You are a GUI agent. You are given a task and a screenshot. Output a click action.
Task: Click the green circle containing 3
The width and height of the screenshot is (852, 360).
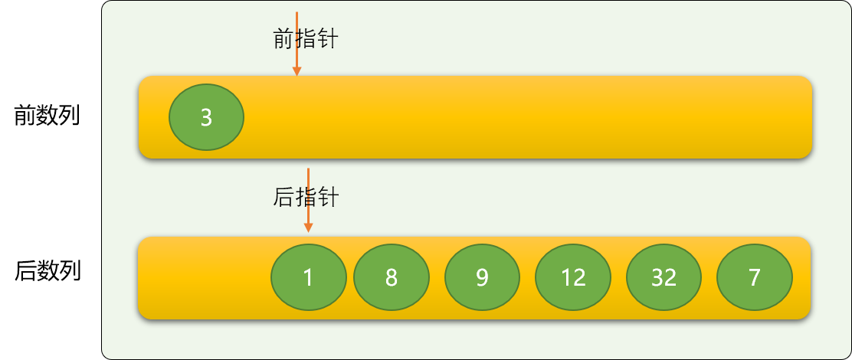click(206, 116)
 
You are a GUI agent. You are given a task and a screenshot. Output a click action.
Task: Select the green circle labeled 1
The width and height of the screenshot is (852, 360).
click(309, 277)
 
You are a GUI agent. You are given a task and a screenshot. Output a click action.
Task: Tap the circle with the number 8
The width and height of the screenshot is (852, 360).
click(392, 277)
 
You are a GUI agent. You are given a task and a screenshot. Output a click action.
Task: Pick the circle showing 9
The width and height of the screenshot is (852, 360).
click(483, 277)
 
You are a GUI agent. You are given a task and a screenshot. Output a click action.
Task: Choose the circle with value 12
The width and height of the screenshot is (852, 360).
click(573, 277)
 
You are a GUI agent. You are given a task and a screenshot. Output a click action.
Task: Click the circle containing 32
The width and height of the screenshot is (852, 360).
click(664, 277)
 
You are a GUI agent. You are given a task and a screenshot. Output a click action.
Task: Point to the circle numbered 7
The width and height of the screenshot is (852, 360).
click(755, 277)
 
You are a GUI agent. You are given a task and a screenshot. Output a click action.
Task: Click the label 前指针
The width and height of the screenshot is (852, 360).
click(306, 39)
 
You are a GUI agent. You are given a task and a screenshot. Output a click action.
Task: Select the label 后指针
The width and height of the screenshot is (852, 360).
click(306, 198)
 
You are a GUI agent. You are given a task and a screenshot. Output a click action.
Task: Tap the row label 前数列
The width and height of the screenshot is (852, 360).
click(48, 116)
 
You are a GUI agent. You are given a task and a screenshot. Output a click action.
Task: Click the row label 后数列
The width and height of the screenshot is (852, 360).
click(48, 271)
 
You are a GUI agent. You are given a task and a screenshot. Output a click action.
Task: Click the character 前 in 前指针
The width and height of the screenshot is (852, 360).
click(283, 39)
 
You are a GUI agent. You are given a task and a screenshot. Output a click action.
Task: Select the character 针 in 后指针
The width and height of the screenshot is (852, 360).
click(328, 198)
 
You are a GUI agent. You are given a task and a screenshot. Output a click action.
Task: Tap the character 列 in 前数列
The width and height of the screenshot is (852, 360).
click(70, 116)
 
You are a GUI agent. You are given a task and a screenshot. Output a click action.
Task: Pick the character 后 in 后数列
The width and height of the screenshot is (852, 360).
click(25, 271)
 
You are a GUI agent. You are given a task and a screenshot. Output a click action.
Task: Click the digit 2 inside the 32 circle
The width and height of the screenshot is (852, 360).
click(670, 278)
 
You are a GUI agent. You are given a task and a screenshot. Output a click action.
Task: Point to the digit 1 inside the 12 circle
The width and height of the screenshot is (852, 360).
click(567, 278)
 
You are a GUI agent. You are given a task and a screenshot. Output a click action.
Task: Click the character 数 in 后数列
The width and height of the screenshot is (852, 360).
click(48, 271)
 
